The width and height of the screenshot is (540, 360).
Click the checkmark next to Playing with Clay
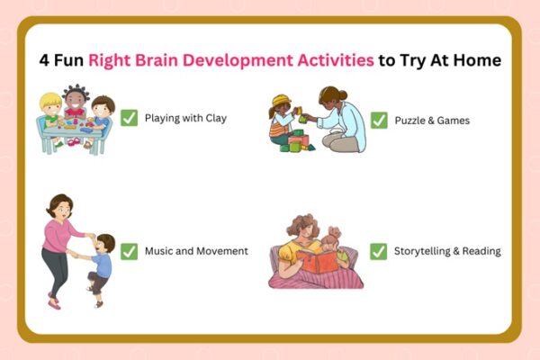[130, 118]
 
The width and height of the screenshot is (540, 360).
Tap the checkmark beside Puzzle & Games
[379, 119]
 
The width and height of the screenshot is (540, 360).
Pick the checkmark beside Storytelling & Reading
[379, 251]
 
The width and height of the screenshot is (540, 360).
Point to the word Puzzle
[410, 119]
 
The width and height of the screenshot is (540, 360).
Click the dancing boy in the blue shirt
[101, 266]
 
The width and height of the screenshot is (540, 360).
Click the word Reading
[481, 251]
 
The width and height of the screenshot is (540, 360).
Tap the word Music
[158, 250]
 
